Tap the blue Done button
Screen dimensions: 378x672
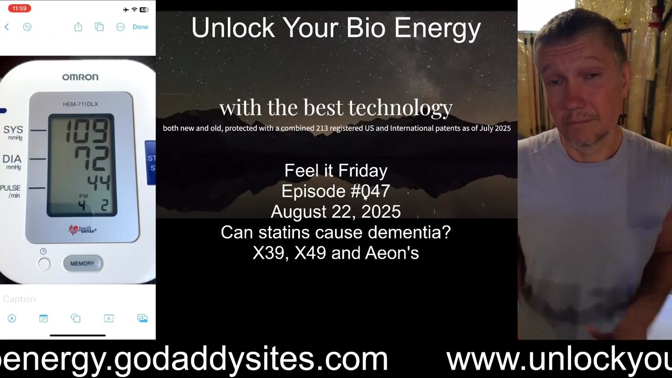[140, 27]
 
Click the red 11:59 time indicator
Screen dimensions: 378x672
[19, 8]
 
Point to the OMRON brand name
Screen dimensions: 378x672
[80, 77]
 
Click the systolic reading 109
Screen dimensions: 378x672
[87, 131]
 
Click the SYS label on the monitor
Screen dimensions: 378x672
[13, 130]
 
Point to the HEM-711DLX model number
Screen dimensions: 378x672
[80, 104]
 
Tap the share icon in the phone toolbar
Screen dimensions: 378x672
[78, 27]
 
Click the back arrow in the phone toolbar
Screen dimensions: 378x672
[7, 27]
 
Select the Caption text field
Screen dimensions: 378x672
[19, 299]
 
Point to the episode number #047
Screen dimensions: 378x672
[370, 191]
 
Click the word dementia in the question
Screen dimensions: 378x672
[411, 232]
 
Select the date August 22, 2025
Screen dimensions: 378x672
[335, 212]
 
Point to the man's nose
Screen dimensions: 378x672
[575, 100]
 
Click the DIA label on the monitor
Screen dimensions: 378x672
[12, 159]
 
